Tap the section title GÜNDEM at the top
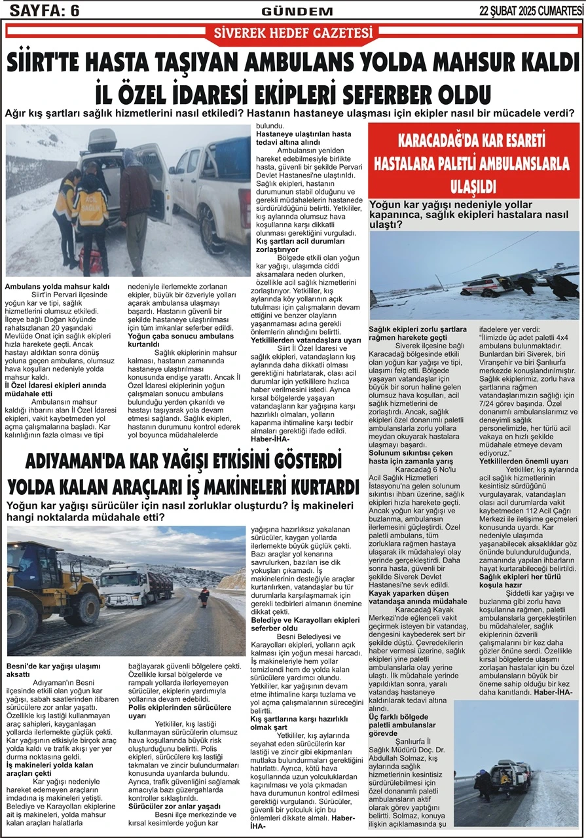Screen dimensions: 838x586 point(288,11)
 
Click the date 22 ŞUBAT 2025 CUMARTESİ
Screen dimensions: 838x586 point(531,10)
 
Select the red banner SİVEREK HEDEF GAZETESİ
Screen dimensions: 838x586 point(293,33)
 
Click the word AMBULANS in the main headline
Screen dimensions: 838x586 point(306,63)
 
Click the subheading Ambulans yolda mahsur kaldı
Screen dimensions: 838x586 point(57,287)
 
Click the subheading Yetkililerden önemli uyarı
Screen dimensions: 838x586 point(524,461)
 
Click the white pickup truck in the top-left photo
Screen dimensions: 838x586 point(210,190)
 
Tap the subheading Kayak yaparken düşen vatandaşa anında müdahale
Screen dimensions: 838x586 point(409,596)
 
